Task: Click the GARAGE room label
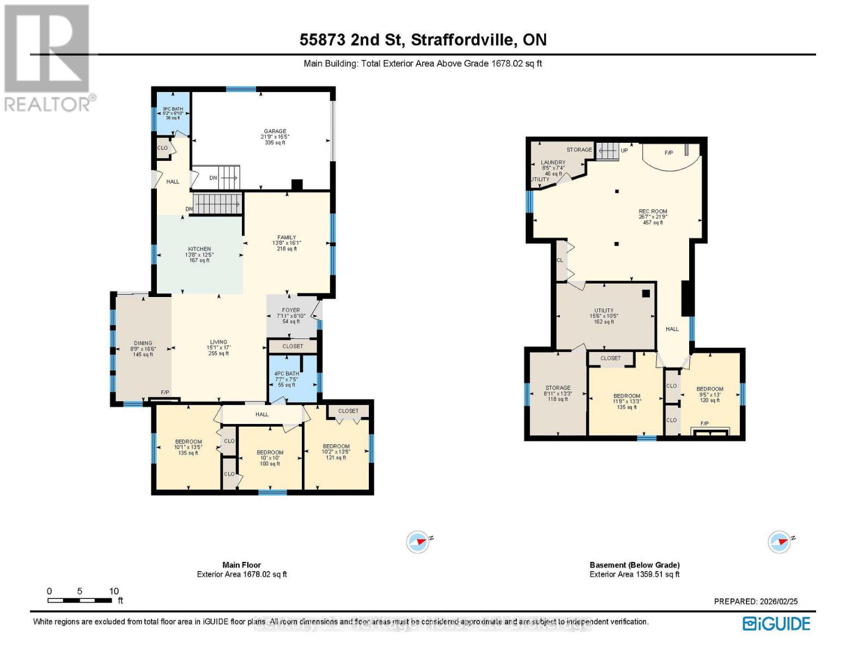point(275,131)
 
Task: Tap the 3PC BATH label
point(173,109)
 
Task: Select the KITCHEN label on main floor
point(199,249)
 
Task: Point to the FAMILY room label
point(287,238)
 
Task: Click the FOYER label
point(291,310)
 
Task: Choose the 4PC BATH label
point(287,374)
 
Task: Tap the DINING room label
point(143,343)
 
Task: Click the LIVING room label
point(218,342)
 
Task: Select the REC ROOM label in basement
point(653,211)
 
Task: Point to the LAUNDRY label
point(553,162)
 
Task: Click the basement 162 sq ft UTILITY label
point(604,311)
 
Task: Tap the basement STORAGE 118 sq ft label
point(558,388)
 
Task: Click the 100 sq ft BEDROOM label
point(270,452)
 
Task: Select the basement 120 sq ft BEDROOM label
point(709,389)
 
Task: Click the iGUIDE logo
point(776,623)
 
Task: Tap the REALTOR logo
point(47,57)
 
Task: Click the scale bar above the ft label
point(80,600)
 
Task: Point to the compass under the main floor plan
point(418,542)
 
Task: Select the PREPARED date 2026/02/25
point(756,601)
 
